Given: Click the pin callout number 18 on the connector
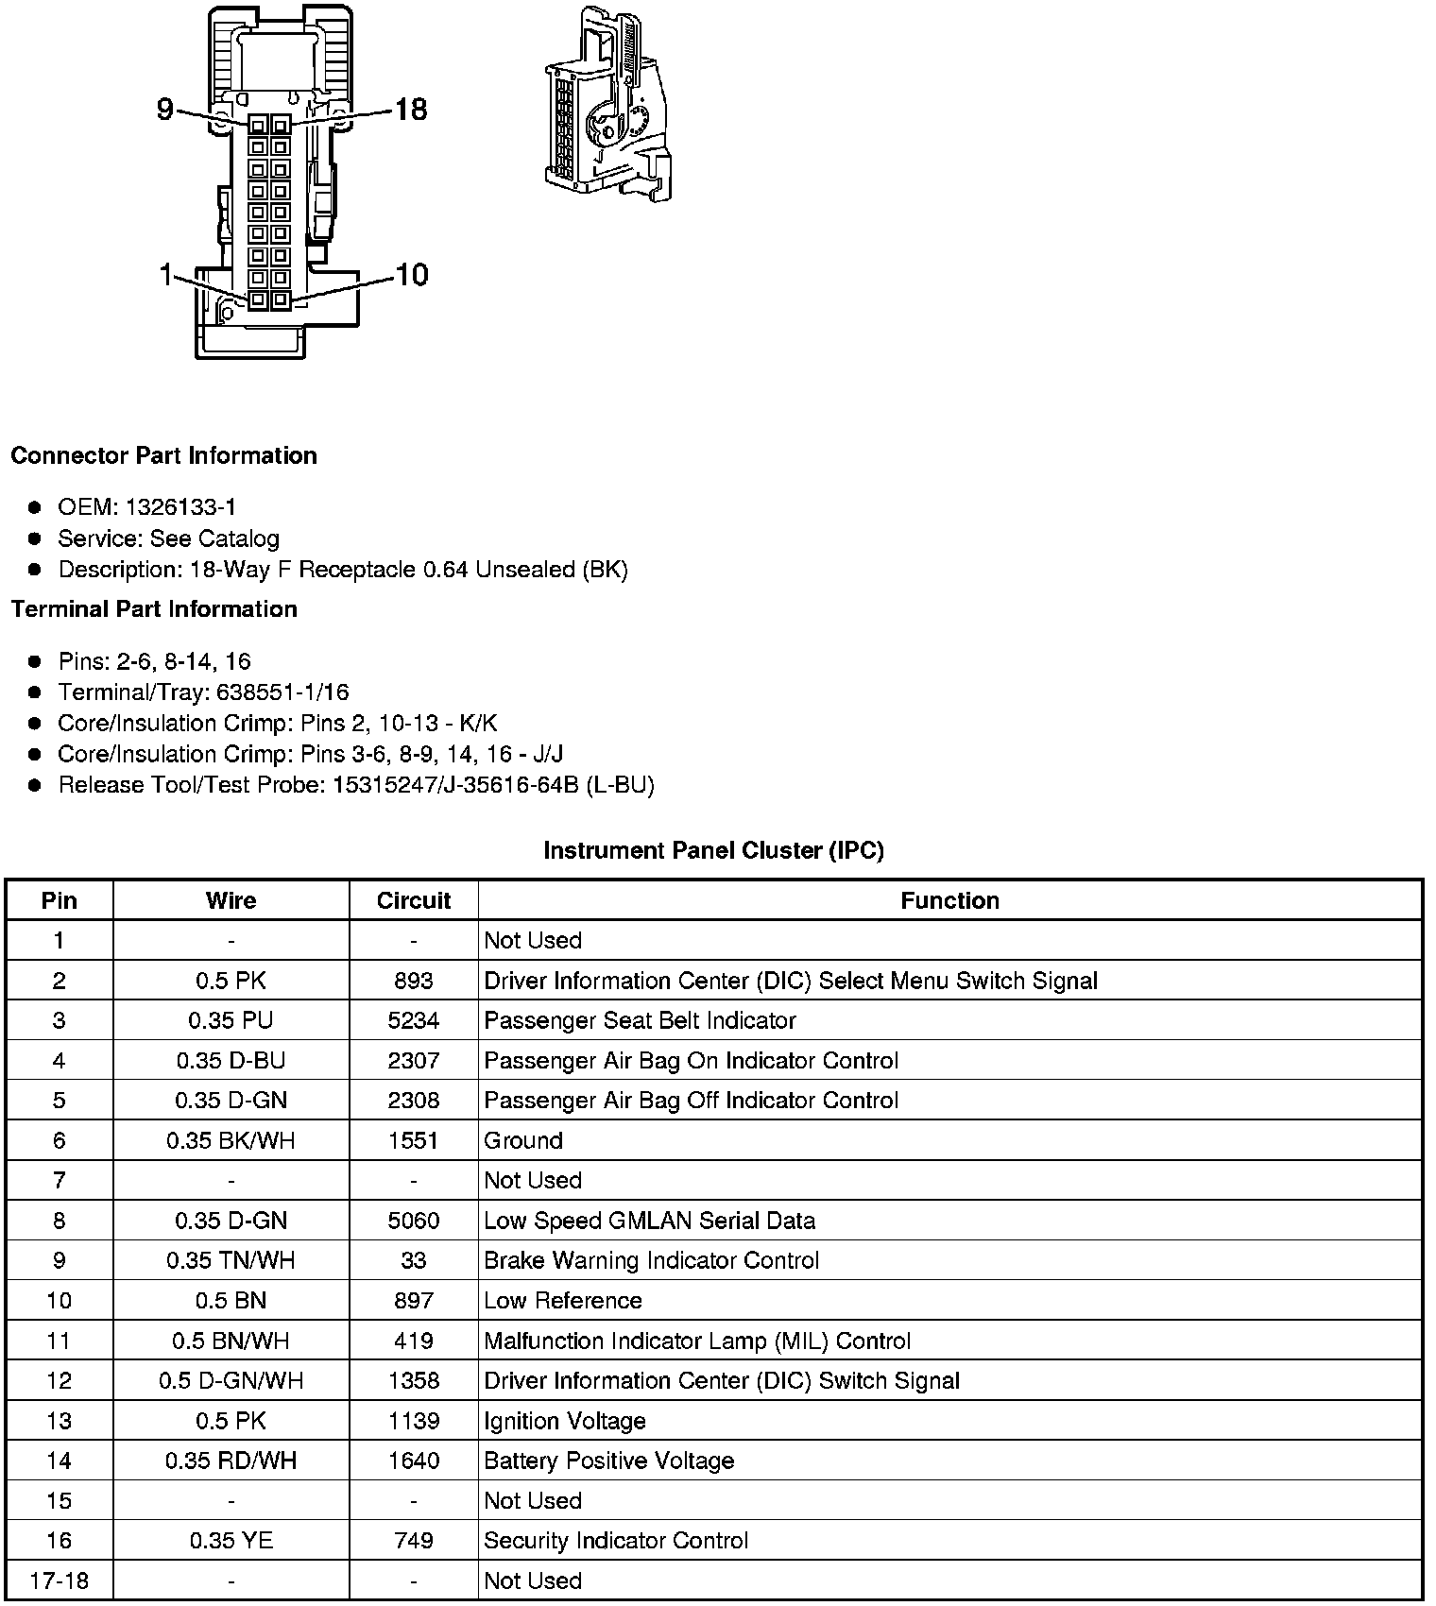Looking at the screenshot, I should [411, 110].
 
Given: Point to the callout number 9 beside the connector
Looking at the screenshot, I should [165, 111].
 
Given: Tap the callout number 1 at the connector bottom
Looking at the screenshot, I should [166, 276].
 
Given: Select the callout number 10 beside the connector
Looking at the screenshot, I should [411, 275].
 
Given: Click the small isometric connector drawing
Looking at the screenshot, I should [607, 105].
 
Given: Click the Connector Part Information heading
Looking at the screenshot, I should [163, 455].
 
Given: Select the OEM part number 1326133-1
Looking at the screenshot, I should [180, 507].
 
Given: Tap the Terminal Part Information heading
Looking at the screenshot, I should [154, 609].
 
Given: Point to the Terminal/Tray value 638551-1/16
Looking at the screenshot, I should [282, 692].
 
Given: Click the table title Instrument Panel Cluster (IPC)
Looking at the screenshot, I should [713, 850].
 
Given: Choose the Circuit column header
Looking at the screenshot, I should [414, 900].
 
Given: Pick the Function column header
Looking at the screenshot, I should [949, 900].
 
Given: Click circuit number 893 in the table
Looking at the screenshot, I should [414, 981].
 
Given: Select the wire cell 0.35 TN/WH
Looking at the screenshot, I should [231, 1260].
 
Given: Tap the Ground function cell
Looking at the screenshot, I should [523, 1140].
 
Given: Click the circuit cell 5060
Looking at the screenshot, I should [414, 1221].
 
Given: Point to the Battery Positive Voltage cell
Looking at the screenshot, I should [608, 1461].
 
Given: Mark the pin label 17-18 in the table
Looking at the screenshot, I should [59, 1580].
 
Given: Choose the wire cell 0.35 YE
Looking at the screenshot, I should [231, 1541].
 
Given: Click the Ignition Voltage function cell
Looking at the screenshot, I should [564, 1421].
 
